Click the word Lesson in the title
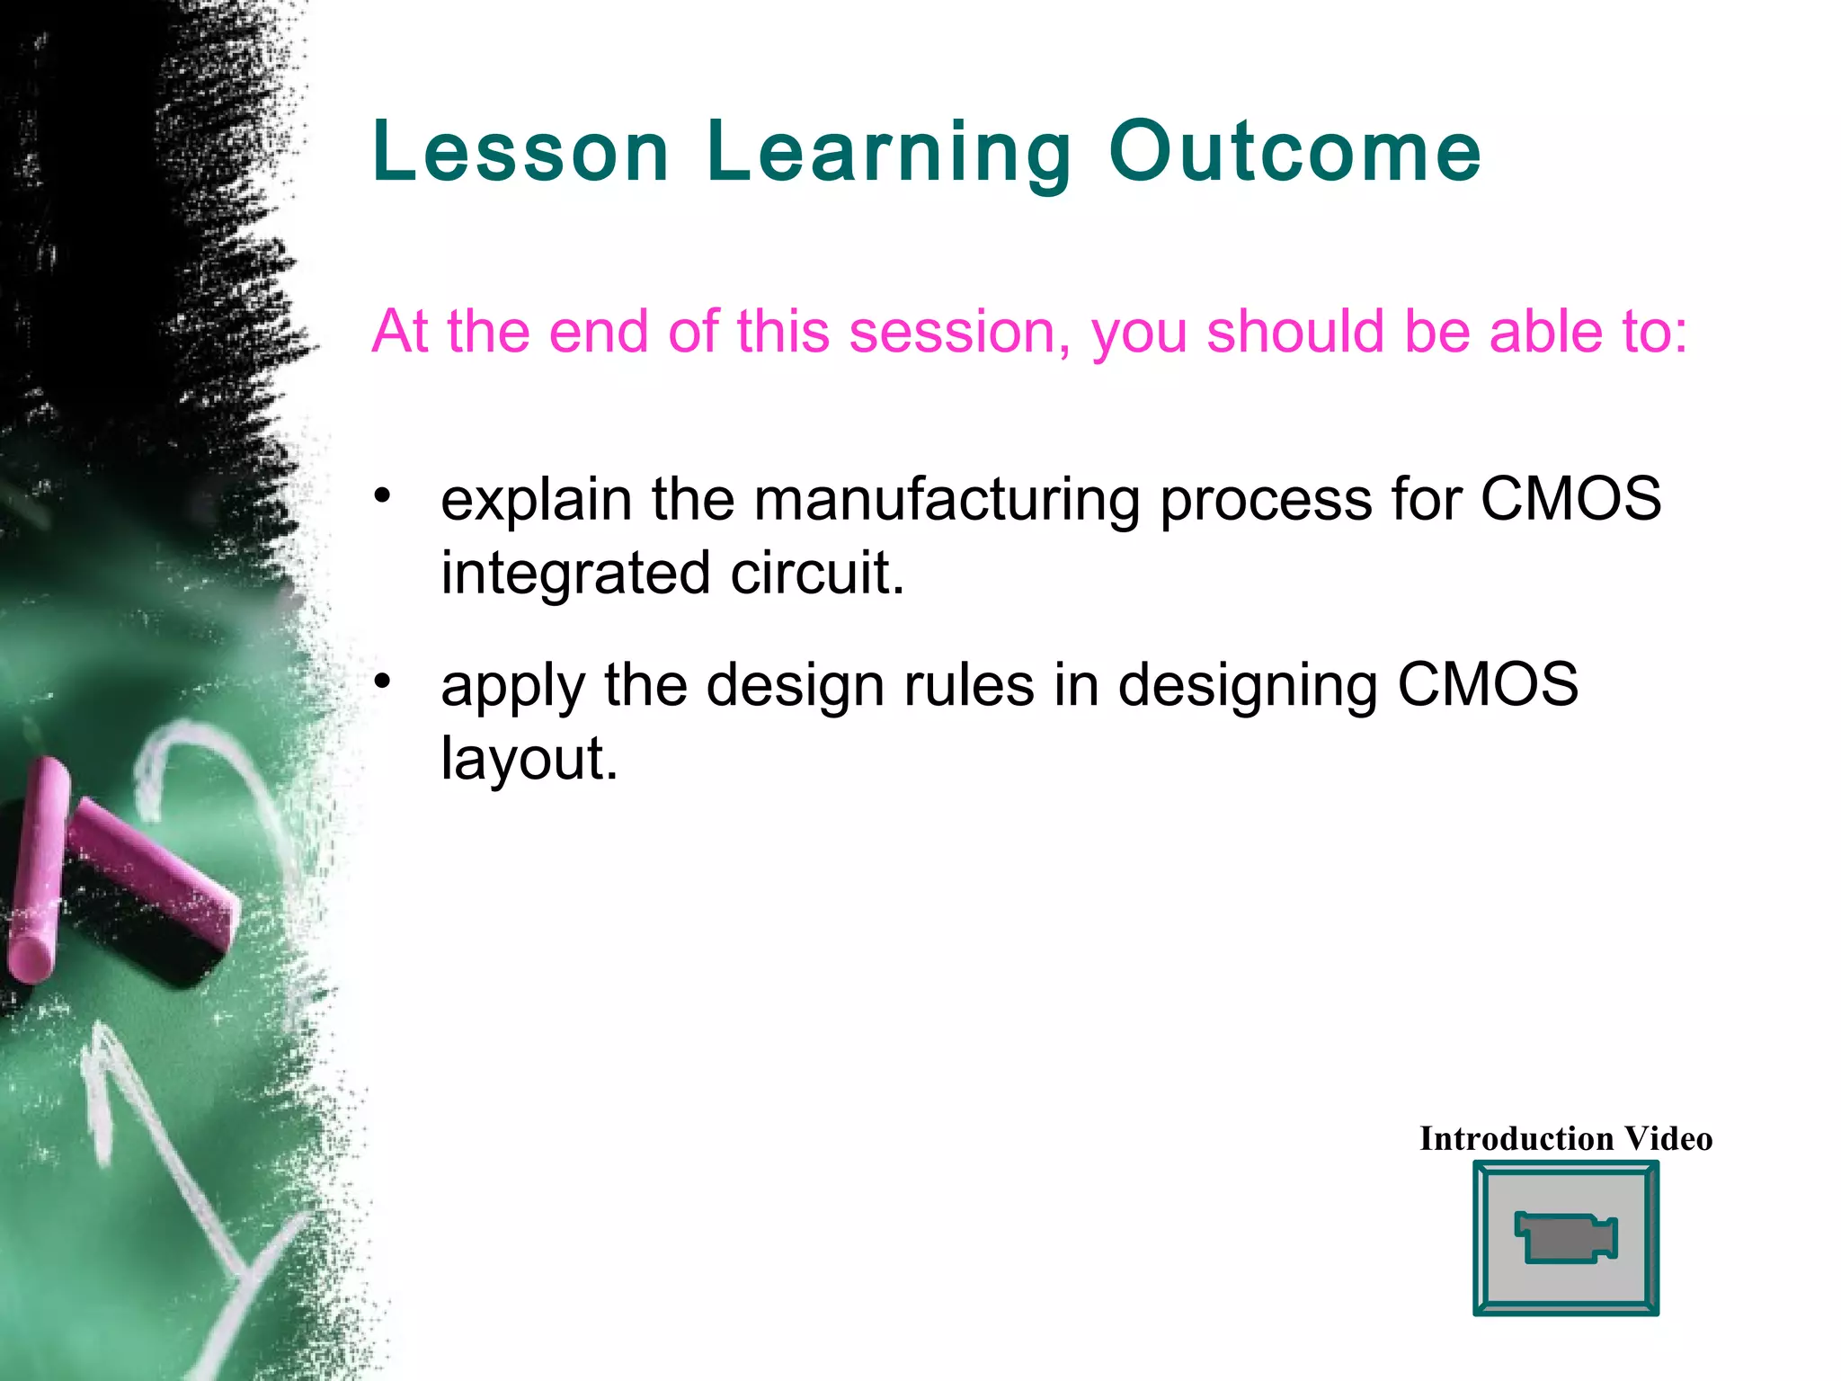(x=520, y=152)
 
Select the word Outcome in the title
(x=1294, y=152)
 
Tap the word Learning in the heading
(x=888, y=155)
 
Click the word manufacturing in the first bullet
(x=947, y=500)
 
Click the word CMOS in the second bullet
(x=1488, y=685)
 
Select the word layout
(x=529, y=761)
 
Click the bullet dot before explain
(x=384, y=495)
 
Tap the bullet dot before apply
(x=384, y=682)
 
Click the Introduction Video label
(x=1565, y=1139)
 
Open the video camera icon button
(x=1565, y=1238)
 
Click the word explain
(x=536, y=500)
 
